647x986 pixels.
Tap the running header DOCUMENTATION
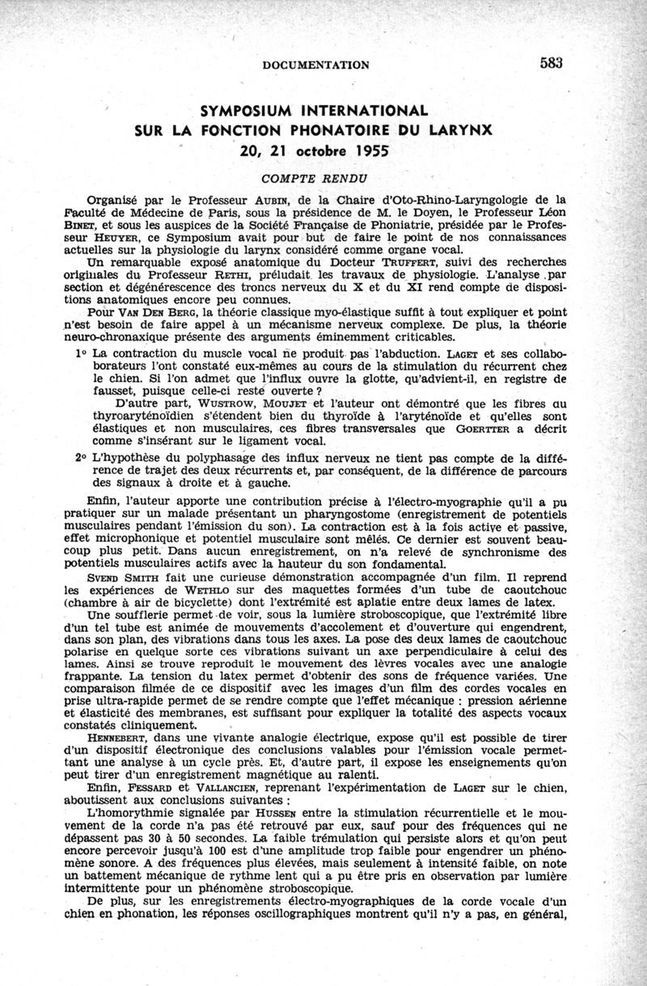(x=316, y=65)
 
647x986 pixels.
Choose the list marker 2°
(x=81, y=457)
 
